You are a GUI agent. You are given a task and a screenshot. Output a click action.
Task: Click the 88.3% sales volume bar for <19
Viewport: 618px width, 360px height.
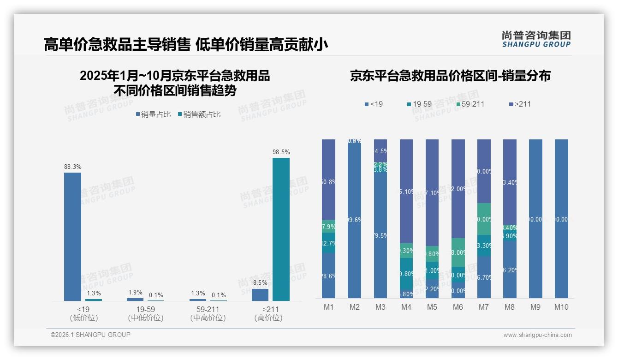tap(72, 237)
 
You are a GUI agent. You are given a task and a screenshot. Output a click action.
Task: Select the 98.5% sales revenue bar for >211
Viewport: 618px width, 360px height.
tap(281, 229)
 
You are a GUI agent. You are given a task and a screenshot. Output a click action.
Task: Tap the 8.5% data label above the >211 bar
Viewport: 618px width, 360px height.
tap(260, 283)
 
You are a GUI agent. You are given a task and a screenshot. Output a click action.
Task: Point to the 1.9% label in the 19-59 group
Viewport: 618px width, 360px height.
tap(135, 293)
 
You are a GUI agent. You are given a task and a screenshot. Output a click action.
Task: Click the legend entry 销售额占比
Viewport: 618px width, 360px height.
tap(199, 114)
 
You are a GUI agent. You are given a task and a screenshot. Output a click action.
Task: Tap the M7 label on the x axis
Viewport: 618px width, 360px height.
tap(484, 307)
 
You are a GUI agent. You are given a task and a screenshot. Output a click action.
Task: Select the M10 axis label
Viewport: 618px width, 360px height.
tap(561, 307)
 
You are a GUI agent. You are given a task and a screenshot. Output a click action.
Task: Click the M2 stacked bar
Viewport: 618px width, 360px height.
tap(354, 218)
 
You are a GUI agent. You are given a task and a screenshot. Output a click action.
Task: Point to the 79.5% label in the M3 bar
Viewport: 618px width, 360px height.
tap(380, 236)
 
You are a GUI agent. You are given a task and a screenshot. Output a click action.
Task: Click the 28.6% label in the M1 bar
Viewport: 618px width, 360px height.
tap(329, 276)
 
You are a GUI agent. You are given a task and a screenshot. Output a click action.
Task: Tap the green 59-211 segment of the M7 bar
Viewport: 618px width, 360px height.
tap(484, 219)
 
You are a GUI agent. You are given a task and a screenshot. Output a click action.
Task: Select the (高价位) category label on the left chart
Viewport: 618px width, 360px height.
tap(268, 318)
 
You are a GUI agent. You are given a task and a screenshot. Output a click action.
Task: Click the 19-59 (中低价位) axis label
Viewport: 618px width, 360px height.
tap(146, 313)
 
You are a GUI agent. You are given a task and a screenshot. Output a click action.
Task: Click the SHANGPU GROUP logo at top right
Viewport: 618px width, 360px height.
tap(536, 39)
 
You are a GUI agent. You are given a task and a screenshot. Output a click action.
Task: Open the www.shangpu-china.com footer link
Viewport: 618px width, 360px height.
tap(537, 335)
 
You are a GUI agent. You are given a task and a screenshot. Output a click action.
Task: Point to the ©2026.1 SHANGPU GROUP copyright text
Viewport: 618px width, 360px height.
tap(90, 335)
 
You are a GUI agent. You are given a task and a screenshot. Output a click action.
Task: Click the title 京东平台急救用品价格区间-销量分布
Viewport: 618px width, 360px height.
tap(450, 76)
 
